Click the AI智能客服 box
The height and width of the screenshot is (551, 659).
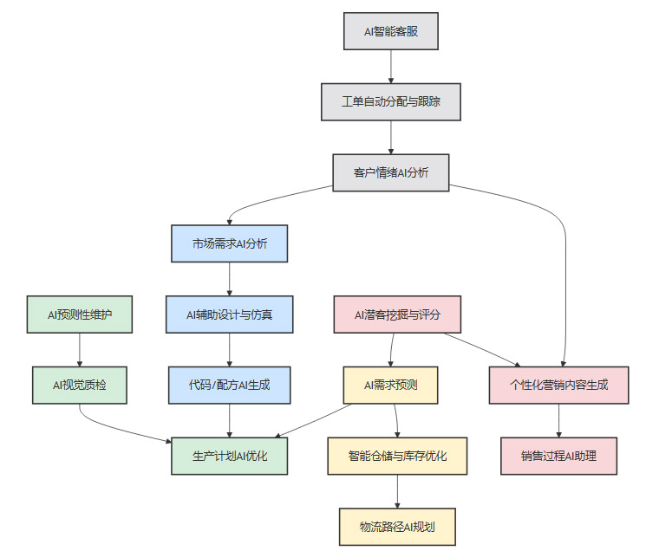[390, 32]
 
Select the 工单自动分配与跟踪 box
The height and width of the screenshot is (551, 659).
[390, 101]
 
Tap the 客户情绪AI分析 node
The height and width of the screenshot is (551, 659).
[390, 172]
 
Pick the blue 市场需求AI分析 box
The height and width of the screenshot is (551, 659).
[229, 243]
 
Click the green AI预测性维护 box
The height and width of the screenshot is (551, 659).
[80, 314]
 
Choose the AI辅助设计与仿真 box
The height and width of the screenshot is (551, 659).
[229, 314]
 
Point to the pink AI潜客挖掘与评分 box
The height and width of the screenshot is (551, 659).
[397, 314]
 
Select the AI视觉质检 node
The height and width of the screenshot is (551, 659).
[80, 385]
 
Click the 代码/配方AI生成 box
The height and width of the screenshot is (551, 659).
[229, 385]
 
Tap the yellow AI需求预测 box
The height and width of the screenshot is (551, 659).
[390, 385]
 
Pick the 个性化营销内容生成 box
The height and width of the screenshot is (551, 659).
[558, 385]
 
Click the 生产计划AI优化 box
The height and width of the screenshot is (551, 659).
[229, 456]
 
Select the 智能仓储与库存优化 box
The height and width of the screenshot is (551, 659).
[398, 456]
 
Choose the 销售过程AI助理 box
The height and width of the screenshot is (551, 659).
[558, 456]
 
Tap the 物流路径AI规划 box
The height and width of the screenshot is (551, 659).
[398, 526]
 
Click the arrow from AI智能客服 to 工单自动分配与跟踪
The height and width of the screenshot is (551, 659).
[390, 67]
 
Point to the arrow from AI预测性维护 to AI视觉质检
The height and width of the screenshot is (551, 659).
[80, 350]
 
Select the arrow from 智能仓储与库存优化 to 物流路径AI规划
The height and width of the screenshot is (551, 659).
[398, 491]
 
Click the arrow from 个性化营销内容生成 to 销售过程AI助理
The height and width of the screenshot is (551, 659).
[558, 420]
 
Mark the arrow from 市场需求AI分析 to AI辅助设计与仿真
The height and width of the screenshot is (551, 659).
[229, 279]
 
